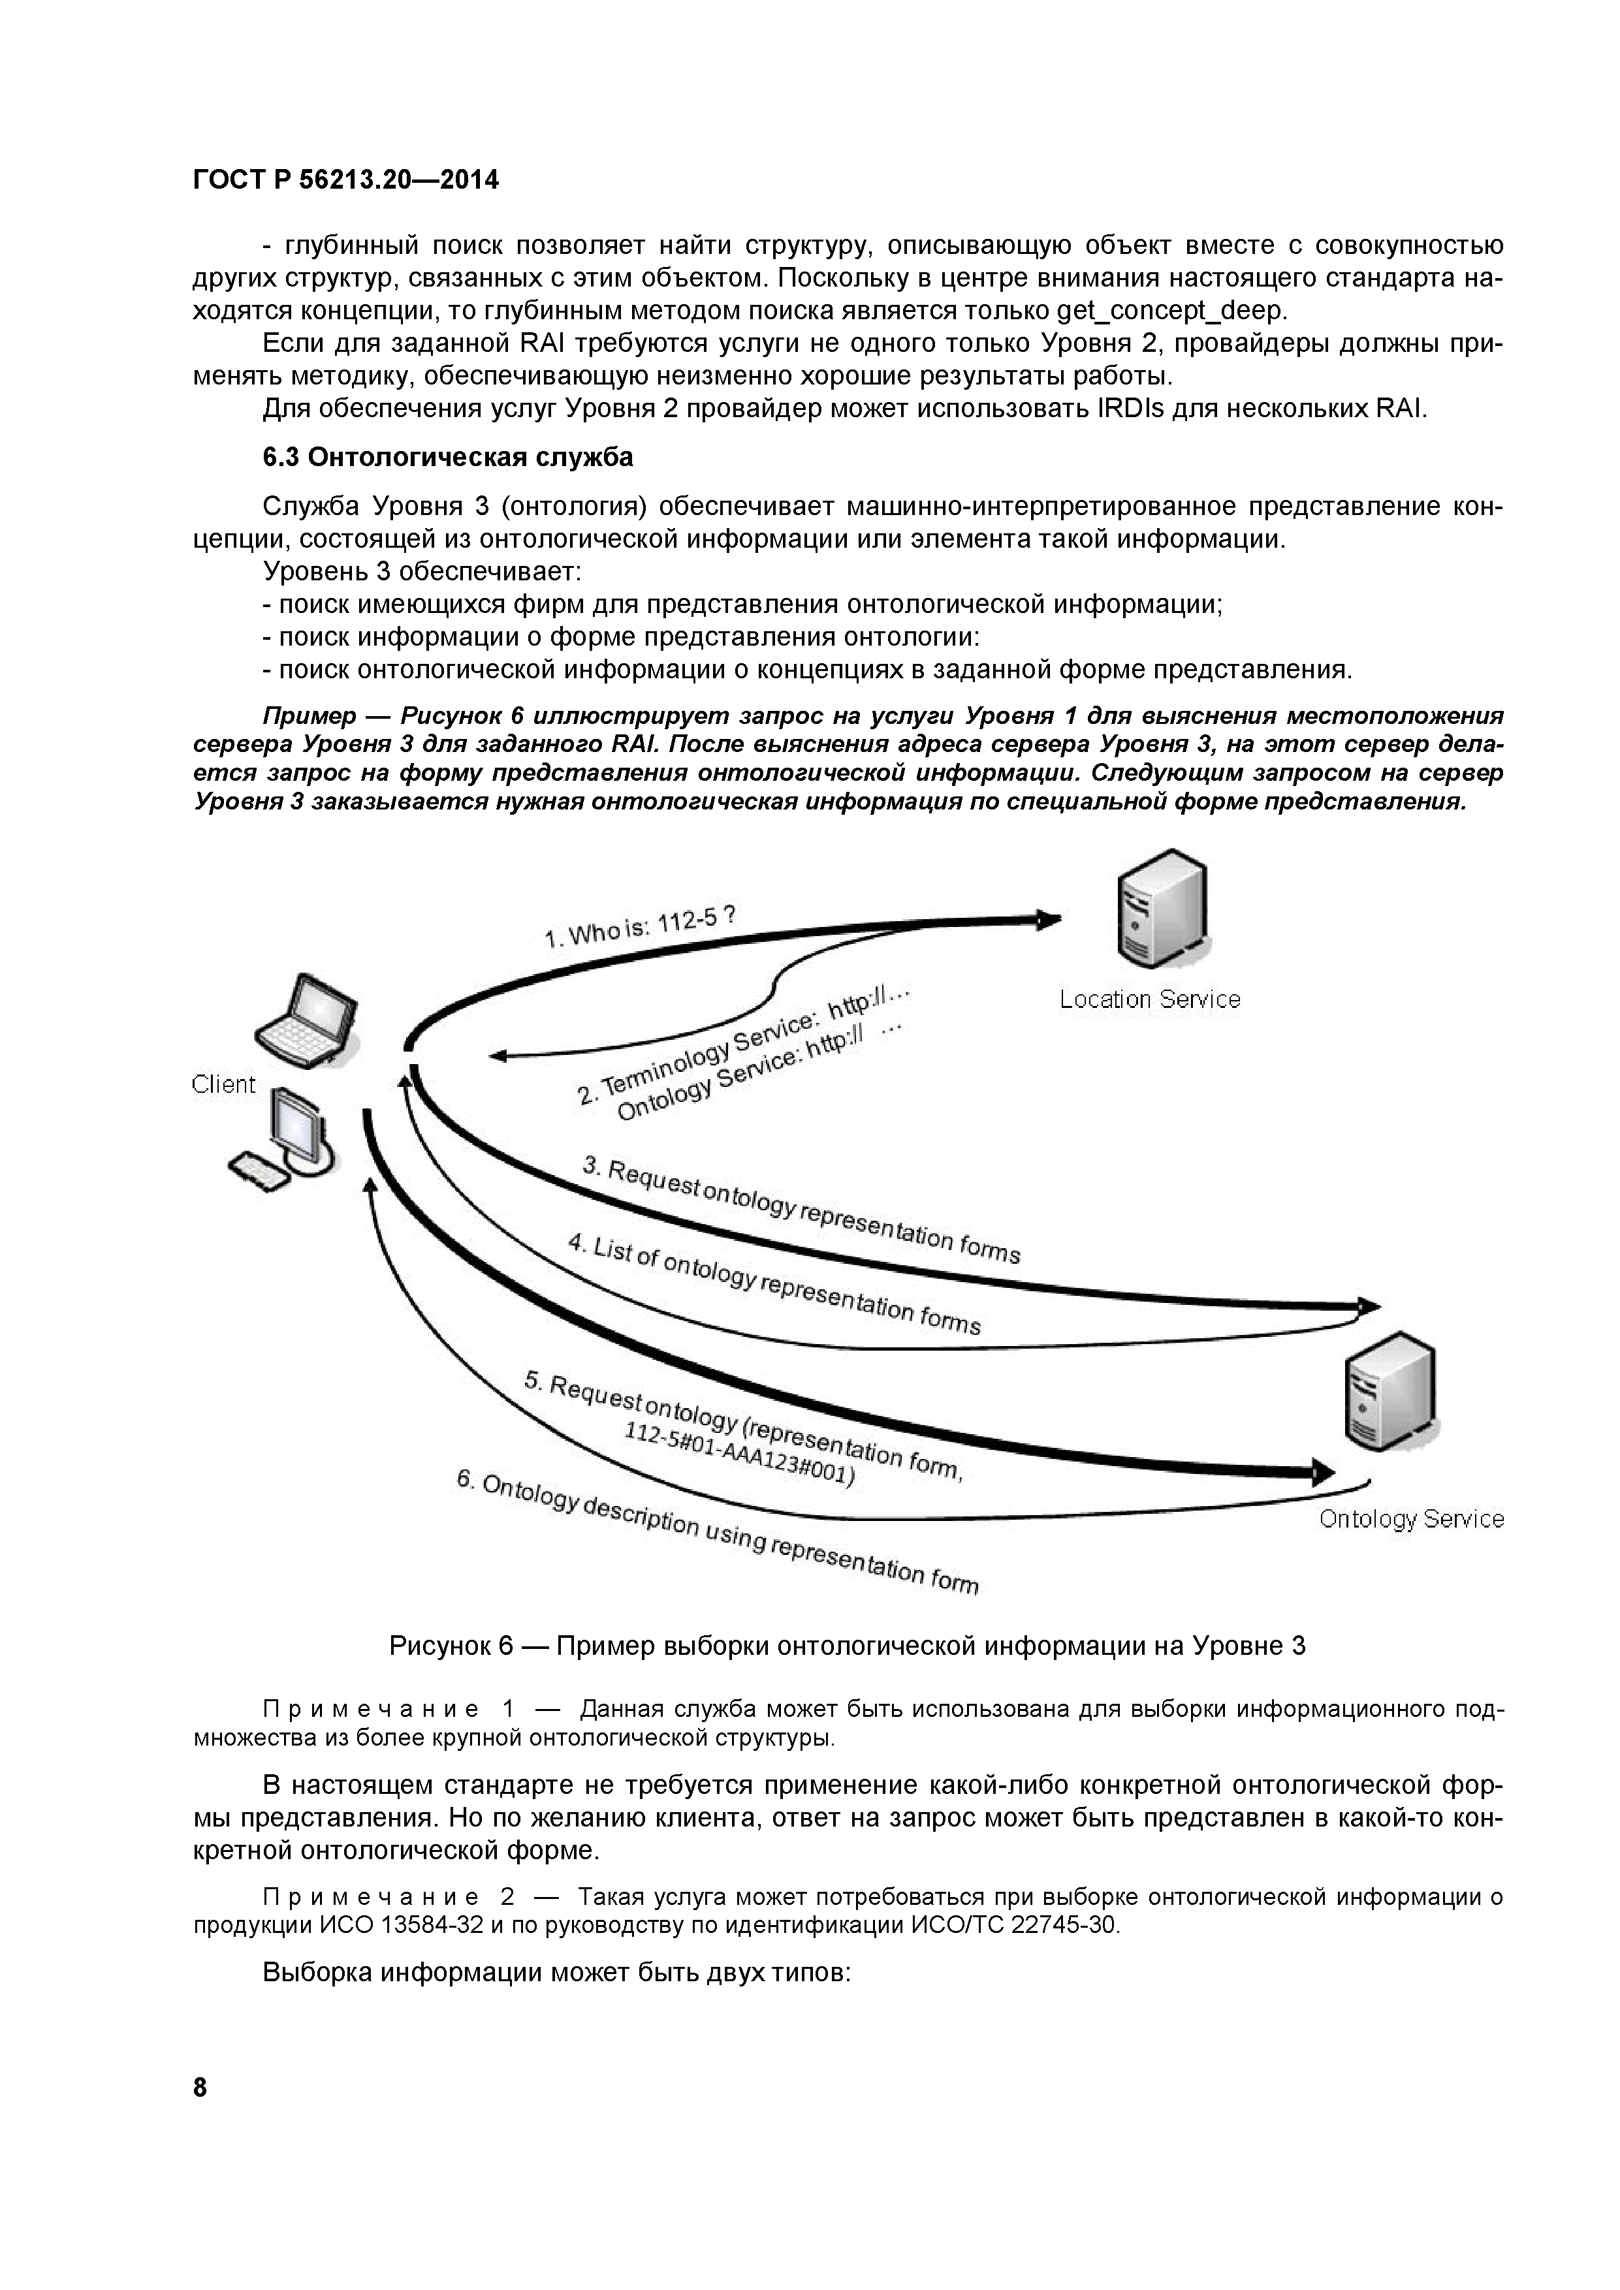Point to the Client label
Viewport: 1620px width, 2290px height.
click(x=223, y=1084)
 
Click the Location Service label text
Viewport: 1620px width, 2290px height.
click(x=1149, y=999)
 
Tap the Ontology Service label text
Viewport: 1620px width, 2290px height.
click(x=1410, y=1519)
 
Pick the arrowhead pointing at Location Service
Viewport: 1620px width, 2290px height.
click(x=1047, y=920)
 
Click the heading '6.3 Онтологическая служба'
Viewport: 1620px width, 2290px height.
click(x=448, y=457)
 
